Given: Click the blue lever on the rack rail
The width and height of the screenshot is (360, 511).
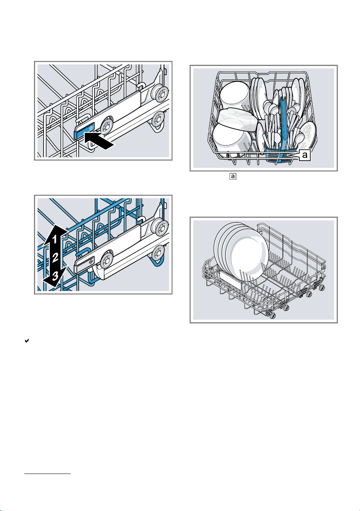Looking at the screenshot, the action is [84, 131].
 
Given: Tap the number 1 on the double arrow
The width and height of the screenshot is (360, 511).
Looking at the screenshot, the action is [55, 240].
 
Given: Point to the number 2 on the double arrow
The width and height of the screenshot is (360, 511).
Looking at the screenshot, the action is [56, 257].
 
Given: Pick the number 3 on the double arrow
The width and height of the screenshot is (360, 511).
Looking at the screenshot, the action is [56, 276].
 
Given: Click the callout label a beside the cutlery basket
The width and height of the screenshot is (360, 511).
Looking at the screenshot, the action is [304, 156].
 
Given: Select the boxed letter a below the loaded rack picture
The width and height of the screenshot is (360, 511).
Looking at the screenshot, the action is [233, 176].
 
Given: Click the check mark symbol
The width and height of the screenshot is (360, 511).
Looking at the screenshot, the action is [27, 341].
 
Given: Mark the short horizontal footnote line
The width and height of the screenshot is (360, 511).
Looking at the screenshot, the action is [47, 474].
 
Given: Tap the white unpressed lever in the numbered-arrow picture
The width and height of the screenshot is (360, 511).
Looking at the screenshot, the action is [85, 265].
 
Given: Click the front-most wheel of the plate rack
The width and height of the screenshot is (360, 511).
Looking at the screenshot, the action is [272, 316].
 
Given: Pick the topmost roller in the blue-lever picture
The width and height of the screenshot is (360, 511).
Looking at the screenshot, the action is [161, 93].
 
